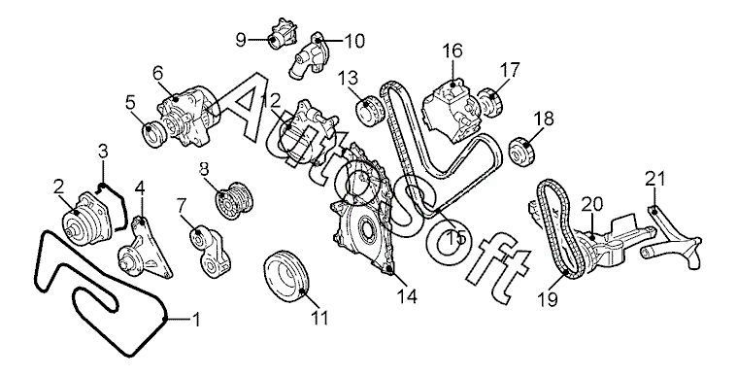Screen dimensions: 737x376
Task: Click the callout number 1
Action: coord(197,320)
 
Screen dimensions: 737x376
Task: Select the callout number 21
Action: coord(655,180)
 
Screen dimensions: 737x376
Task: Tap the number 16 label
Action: coord(452,51)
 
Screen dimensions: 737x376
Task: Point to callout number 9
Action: coord(240,41)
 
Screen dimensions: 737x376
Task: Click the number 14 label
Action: coord(407,296)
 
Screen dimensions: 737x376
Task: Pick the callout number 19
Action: coord(548,298)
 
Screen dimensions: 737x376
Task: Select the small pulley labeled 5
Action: coord(154,134)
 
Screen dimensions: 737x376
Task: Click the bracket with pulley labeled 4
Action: coord(145,249)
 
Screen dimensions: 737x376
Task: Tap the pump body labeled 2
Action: coord(90,218)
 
